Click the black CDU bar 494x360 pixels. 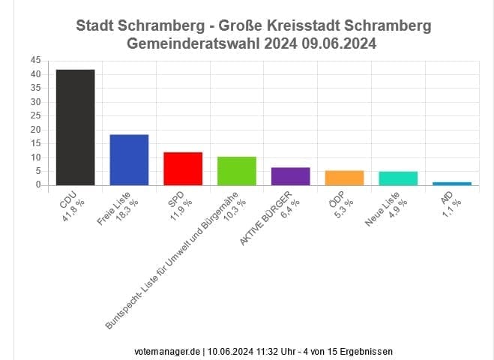[x=75, y=127]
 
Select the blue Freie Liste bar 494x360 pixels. [x=129, y=160]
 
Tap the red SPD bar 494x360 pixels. [x=183, y=169]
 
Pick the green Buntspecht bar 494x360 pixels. [x=237, y=171]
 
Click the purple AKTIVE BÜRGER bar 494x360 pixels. [x=290, y=176]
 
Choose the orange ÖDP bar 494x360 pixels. [x=344, y=178]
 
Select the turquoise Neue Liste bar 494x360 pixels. [x=398, y=178]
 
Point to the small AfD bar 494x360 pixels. [x=452, y=183]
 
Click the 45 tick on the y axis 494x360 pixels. [x=36, y=60]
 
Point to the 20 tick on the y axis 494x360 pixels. [x=36, y=130]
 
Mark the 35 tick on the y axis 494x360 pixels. [x=36, y=88]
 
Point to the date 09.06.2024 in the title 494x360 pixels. [x=340, y=44]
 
